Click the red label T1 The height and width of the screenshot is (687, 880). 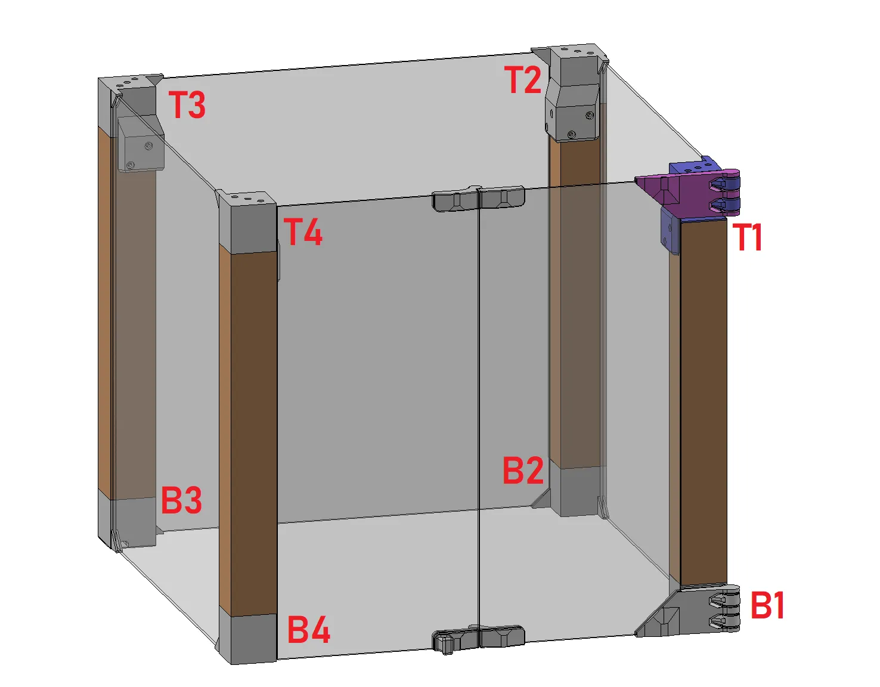tap(748, 237)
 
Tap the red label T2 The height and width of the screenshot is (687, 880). tap(523, 80)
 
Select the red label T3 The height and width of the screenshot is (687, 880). tap(187, 105)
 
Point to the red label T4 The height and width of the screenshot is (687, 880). tap(303, 232)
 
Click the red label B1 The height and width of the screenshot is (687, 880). tap(767, 606)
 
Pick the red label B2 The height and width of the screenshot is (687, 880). tap(523, 471)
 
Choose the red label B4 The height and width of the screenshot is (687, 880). tap(308, 630)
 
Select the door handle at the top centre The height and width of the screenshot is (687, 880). tap(478, 199)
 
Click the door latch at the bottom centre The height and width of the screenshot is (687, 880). tap(478, 638)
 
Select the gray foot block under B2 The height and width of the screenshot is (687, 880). tap(574, 491)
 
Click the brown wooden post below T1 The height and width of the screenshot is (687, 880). tap(704, 400)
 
